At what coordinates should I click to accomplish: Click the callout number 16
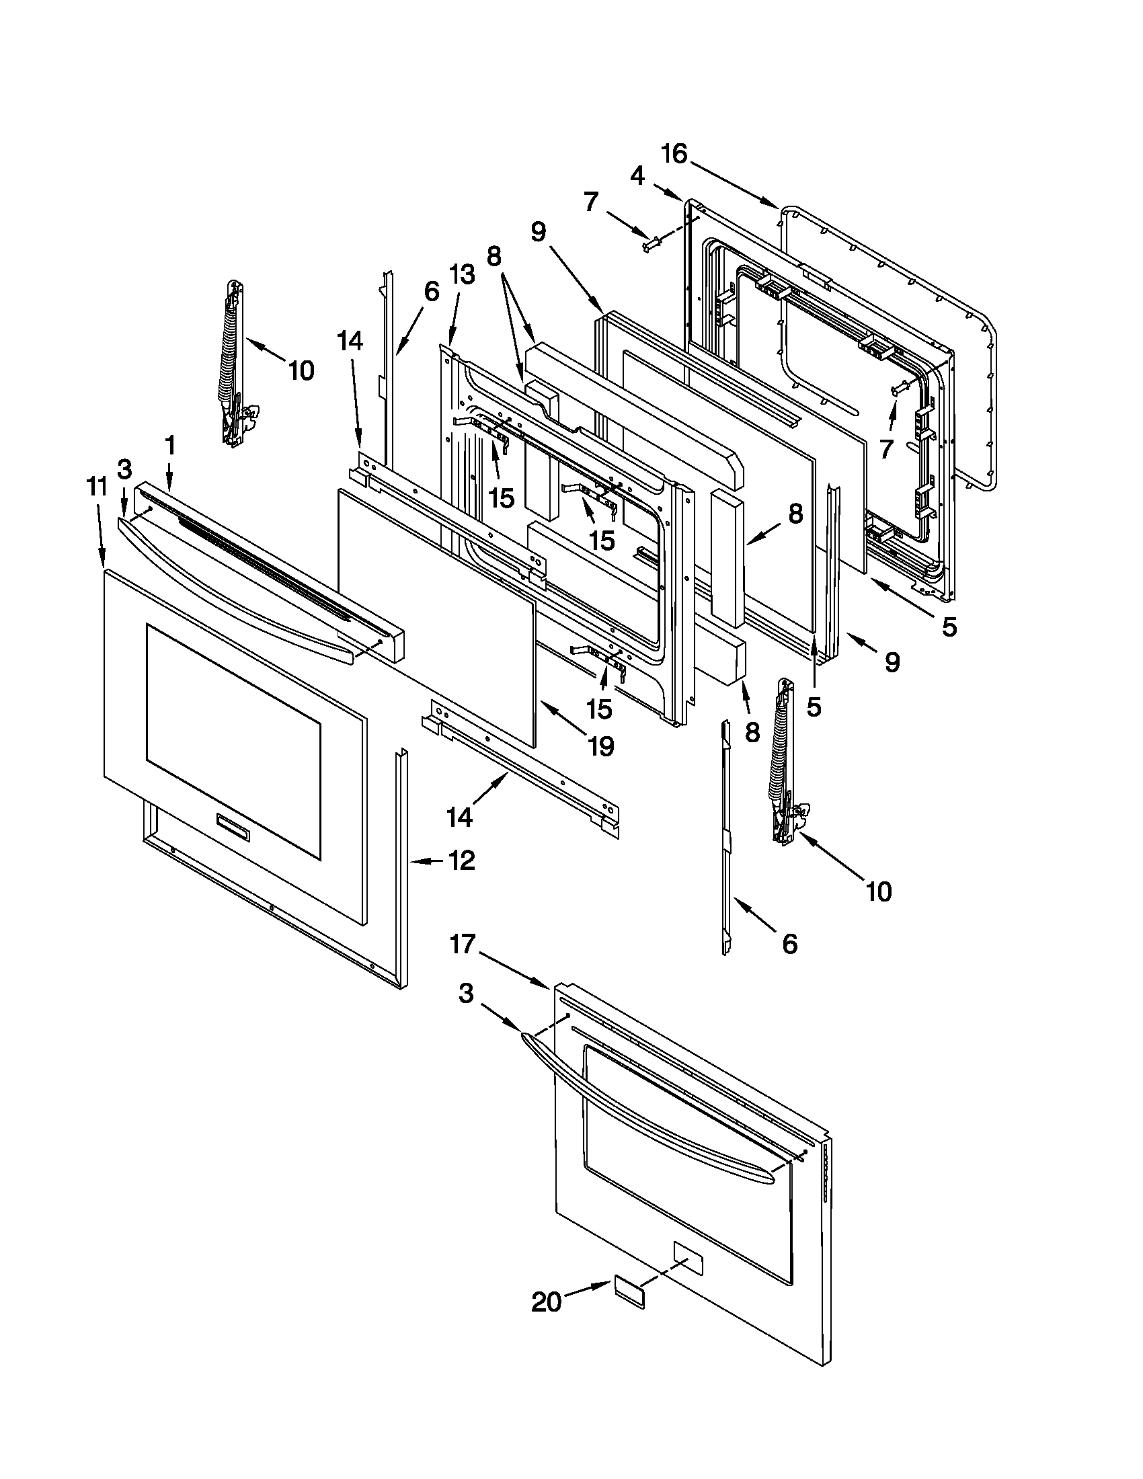(674, 155)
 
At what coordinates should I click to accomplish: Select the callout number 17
(464, 943)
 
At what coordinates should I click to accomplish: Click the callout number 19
(600, 746)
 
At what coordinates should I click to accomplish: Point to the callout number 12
(461, 861)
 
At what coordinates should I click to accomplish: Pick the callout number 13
(461, 275)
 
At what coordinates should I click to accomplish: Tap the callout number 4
(637, 176)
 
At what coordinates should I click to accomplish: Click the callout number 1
(169, 446)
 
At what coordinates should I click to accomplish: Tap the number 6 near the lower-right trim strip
(789, 943)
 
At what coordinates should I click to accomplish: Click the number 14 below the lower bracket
(460, 817)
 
